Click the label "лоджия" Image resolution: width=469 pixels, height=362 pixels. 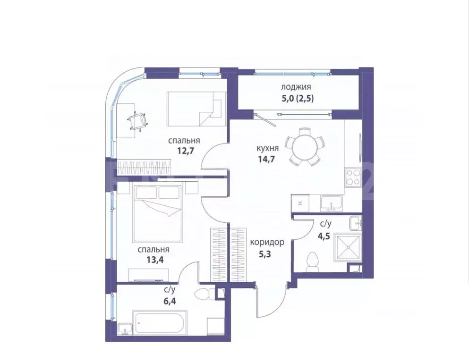tap(296, 87)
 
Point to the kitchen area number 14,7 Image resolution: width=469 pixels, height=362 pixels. tap(266, 159)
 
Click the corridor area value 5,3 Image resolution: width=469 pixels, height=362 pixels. tap(267, 253)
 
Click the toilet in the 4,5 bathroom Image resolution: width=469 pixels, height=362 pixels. tap(312, 262)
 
